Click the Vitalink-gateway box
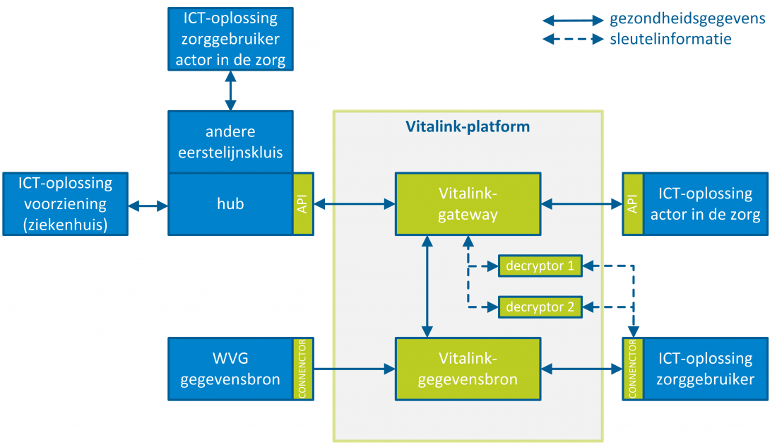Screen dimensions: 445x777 tap(467, 204)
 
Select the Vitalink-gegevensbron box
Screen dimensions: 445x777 tap(467, 368)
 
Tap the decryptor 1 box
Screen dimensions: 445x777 tap(540, 266)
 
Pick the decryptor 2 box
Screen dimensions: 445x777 tap(540, 307)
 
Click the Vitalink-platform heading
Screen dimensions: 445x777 tap(467, 127)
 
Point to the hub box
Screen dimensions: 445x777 tap(230, 204)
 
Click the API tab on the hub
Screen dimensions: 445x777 tap(303, 204)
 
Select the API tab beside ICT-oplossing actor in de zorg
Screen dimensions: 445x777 tap(632, 204)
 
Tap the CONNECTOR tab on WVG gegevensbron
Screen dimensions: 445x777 tap(303, 369)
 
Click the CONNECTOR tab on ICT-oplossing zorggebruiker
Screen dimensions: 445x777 tap(632, 369)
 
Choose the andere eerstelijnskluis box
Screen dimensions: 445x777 tap(230, 142)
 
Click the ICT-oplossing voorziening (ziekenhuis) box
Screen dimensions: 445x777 tap(65, 204)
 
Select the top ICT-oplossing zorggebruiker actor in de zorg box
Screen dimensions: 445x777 tap(230, 39)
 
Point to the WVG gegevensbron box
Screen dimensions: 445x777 tap(230, 369)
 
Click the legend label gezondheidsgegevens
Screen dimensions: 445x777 tap(687, 19)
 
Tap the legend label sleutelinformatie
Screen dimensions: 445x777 tap(670, 39)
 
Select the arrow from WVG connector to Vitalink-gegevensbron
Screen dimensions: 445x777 tap(353, 369)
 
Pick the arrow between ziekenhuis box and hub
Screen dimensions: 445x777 tap(148, 206)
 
